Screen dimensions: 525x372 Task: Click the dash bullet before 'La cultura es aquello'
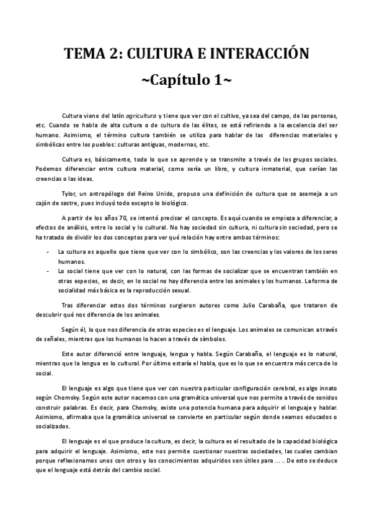(x=48, y=253)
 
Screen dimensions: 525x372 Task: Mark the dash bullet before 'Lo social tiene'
(x=48, y=271)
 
